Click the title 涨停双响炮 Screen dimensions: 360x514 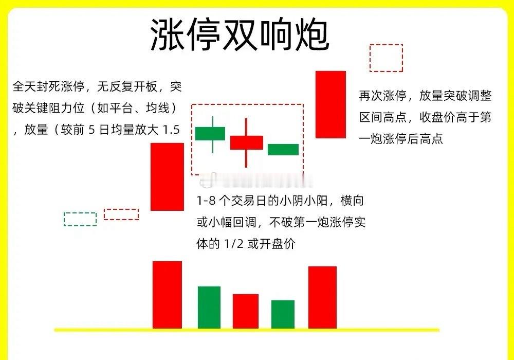[240, 35]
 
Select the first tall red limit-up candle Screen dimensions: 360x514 [167, 176]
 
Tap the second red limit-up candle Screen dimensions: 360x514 [331, 104]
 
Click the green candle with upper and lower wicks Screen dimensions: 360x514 [210, 133]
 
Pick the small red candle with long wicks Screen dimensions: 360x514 [247, 142]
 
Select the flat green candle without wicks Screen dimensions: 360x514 [283, 149]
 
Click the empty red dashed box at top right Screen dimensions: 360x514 [386, 58]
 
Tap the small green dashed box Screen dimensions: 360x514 [80, 219]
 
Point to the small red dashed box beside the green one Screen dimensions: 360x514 [121, 214]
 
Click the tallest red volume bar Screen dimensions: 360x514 [167, 295]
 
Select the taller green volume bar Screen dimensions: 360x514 [209, 307]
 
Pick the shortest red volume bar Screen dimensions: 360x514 [246, 311]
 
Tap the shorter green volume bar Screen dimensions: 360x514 [283, 314]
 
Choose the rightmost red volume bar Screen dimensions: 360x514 [322, 297]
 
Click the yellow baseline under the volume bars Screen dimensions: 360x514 [247, 330]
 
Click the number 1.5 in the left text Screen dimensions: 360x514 [171, 130]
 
